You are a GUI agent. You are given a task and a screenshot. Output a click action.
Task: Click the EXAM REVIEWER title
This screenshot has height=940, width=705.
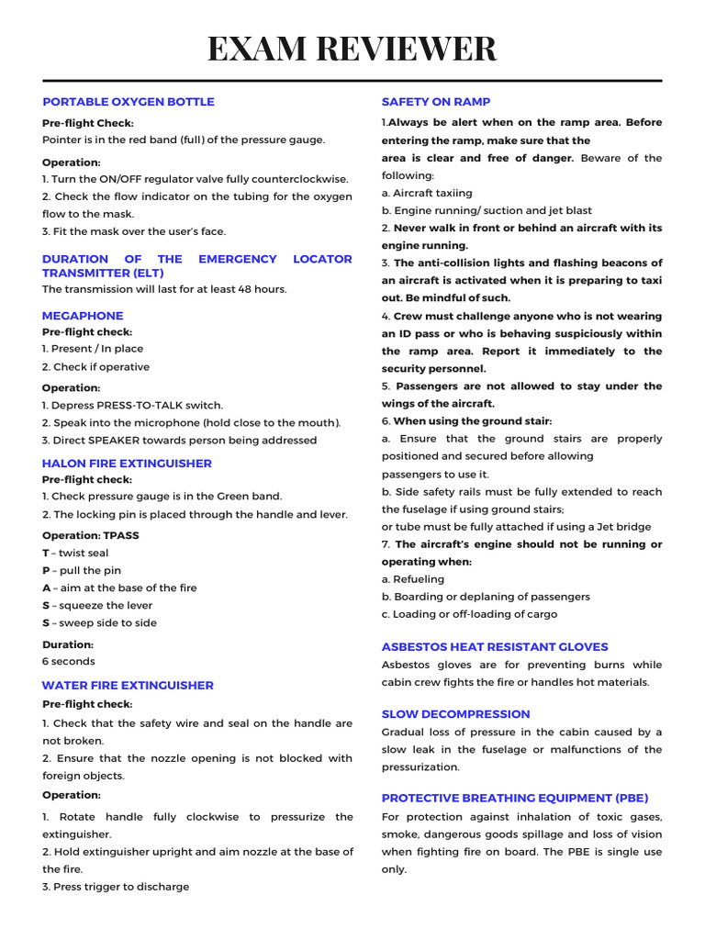click(352, 49)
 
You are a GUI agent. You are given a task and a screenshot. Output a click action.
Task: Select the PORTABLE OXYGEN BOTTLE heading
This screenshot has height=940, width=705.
click(129, 102)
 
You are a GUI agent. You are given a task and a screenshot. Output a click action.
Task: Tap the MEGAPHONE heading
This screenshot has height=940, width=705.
click(83, 316)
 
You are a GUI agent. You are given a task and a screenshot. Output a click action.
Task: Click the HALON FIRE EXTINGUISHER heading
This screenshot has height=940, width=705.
click(127, 464)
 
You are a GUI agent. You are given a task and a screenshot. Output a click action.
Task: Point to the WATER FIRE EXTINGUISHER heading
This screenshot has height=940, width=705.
click(128, 685)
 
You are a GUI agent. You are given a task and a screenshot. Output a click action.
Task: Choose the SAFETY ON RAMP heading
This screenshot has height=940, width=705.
click(436, 102)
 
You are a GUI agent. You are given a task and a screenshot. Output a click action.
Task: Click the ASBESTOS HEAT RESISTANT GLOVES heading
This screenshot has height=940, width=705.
click(495, 647)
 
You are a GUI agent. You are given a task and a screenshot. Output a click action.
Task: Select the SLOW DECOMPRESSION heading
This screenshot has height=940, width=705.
click(456, 714)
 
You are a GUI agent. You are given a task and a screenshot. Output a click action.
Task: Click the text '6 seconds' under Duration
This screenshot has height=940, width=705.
click(69, 661)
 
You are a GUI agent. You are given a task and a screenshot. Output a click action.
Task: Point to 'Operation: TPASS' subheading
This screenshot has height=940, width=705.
click(91, 535)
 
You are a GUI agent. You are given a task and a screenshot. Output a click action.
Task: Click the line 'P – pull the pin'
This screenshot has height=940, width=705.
click(82, 570)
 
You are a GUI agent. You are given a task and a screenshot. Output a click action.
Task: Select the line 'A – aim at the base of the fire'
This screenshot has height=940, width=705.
click(119, 587)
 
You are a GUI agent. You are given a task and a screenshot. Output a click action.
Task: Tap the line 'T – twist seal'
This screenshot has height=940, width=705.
click(75, 553)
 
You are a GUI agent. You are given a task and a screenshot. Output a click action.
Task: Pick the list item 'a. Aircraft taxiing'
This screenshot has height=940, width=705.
click(427, 193)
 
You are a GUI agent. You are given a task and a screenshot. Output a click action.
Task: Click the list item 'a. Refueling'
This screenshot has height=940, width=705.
click(413, 579)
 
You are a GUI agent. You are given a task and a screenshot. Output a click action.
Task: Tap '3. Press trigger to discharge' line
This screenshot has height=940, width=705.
click(116, 887)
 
